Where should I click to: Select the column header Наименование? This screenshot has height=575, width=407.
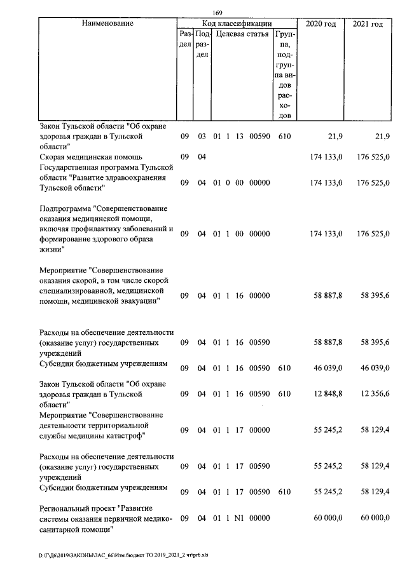(x=107, y=24)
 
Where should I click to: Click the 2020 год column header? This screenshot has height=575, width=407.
(x=321, y=24)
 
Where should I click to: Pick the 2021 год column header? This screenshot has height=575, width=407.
(x=367, y=24)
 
